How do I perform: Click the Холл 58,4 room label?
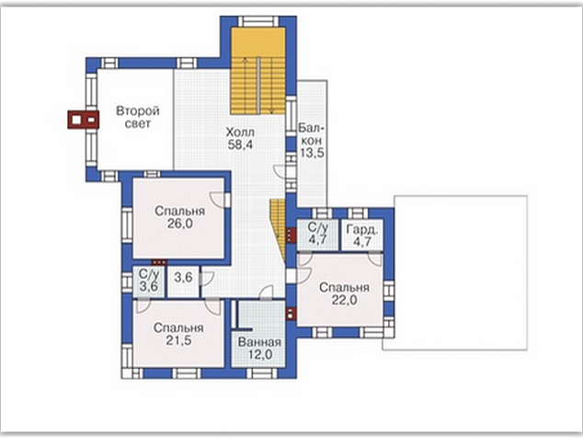tap(240, 138)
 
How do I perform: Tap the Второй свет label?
tap(138, 117)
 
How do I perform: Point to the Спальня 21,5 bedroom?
tap(178, 333)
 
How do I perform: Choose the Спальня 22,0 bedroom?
tap(340, 290)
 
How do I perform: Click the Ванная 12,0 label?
tap(259, 348)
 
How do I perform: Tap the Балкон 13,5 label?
tap(312, 140)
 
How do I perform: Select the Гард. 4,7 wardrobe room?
tap(362, 235)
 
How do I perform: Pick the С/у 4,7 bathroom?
tap(317, 235)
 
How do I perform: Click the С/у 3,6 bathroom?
tap(149, 282)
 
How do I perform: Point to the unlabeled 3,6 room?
tap(183, 282)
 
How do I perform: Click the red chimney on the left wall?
tap(84, 120)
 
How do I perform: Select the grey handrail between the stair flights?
tap(257, 86)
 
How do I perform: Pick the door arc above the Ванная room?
tap(267, 292)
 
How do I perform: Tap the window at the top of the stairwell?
tap(258, 21)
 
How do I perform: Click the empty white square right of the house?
tap(456, 272)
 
